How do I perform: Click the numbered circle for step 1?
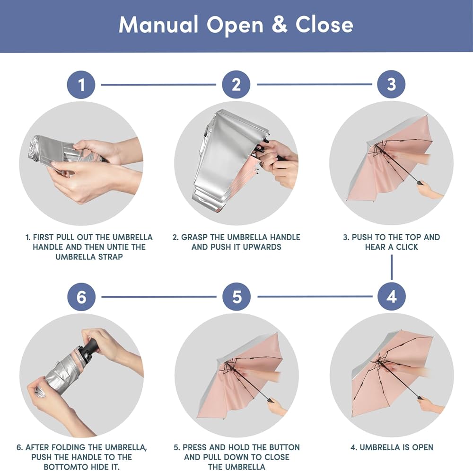tap(81, 85)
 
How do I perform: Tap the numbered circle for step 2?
tap(236, 85)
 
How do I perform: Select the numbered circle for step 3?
tap(391, 84)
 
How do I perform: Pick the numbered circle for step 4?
tap(392, 296)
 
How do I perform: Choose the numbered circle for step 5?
tap(236, 296)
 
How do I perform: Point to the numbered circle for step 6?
tap(81, 297)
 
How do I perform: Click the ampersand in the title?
tap(280, 25)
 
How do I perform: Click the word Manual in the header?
tap(158, 25)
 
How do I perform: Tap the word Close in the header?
tap(324, 25)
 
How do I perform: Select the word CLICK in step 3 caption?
tap(407, 247)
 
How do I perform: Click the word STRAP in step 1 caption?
tap(110, 257)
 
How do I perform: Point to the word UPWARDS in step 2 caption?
tap(262, 247)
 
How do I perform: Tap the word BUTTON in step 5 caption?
tap(284, 447)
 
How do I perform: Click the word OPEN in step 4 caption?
tap(422, 447)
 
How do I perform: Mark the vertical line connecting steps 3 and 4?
tap(392, 267)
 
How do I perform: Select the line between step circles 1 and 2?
tap(158, 85)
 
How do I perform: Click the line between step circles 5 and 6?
tap(159, 297)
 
